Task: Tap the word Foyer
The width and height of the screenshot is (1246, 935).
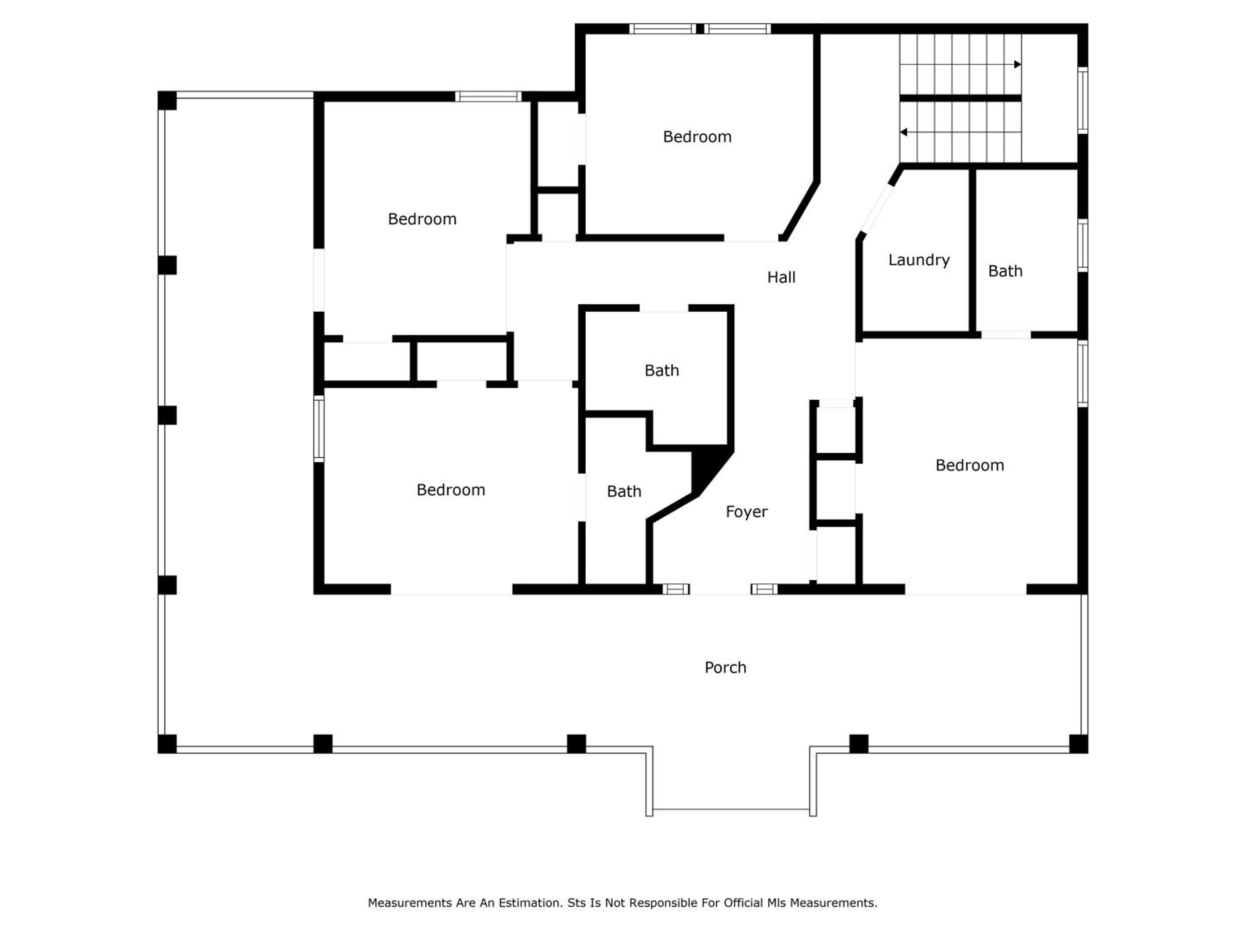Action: [x=746, y=512]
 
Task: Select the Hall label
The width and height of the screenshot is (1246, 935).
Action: [x=781, y=277]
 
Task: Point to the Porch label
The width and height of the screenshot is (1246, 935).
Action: [x=726, y=667]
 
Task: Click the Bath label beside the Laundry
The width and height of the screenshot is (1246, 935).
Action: [x=1005, y=271]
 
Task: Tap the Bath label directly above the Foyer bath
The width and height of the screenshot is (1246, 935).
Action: [x=662, y=370]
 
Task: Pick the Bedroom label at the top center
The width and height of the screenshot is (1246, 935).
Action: [x=697, y=137]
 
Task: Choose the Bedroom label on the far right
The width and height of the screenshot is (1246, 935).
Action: [x=969, y=465]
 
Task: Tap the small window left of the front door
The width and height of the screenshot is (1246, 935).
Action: [x=676, y=589]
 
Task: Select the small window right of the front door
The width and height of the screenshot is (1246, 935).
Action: [x=764, y=589]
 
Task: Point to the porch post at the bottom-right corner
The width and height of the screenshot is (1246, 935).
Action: [x=1079, y=744]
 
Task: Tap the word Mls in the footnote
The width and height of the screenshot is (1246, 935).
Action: [x=776, y=903]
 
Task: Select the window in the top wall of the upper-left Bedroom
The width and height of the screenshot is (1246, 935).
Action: [x=488, y=96]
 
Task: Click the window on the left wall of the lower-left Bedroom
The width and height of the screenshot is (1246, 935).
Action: [x=319, y=429]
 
